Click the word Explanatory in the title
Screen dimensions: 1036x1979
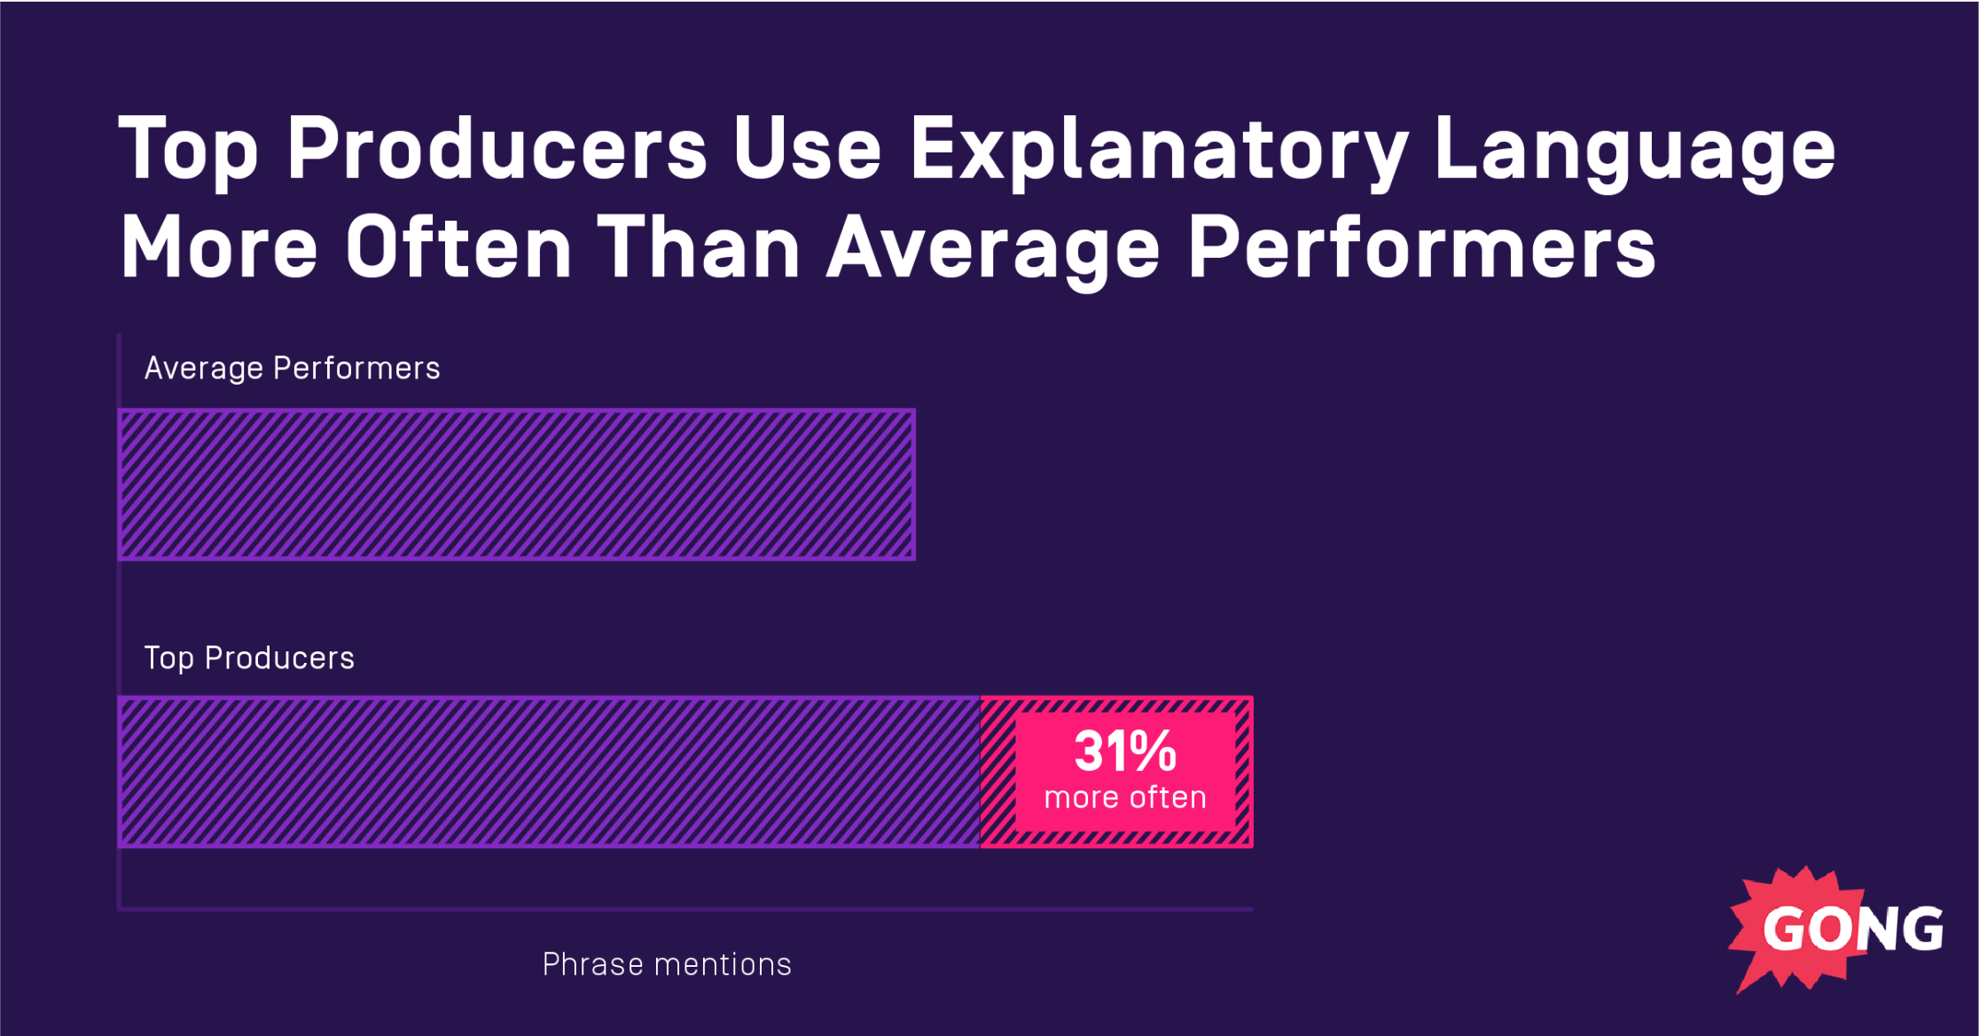tap(1158, 151)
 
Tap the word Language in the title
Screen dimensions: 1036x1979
tap(1633, 151)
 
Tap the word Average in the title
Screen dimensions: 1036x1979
tap(993, 250)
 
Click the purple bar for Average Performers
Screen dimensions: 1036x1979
tap(516, 485)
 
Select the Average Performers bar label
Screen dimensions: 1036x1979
tap(292, 368)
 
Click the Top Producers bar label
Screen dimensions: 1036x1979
tap(249, 658)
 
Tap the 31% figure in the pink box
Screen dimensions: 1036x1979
tap(1125, 752)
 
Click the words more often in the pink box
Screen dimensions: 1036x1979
tap(1125, 798)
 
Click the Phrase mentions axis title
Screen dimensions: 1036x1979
tap(667, 964)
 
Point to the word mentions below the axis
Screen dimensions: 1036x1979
tap(723, 964)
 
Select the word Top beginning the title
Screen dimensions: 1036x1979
tap(188, 151)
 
